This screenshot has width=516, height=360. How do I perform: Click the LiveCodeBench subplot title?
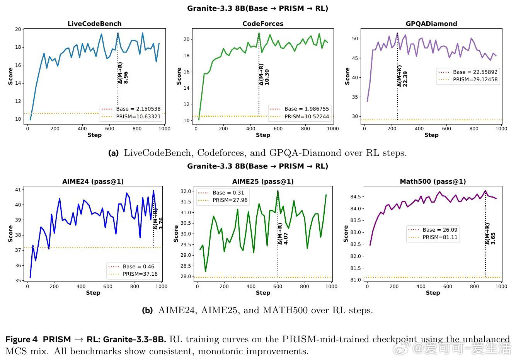coord(94,24)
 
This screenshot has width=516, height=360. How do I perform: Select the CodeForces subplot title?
coord(263,24)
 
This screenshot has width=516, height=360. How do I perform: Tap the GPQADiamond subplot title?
coord(431,24)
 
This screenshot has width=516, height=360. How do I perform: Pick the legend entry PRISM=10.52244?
coord(300,117)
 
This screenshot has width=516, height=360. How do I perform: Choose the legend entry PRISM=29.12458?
coord(468,80)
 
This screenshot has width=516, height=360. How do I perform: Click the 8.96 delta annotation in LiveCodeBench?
coord(126,78)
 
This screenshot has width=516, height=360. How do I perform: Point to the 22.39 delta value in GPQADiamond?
coord(405,79)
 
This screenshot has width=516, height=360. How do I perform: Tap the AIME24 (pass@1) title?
coord(93,181)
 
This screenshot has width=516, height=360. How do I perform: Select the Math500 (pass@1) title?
coord(433,181)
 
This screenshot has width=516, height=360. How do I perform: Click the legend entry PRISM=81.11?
coord(433,237)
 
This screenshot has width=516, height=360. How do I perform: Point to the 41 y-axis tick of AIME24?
coord(18,190)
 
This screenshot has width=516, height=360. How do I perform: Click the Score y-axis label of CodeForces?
coord(179,76)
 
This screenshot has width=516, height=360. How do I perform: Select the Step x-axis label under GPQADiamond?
coord(431,135)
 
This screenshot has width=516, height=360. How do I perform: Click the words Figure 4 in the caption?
coord(21,340)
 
